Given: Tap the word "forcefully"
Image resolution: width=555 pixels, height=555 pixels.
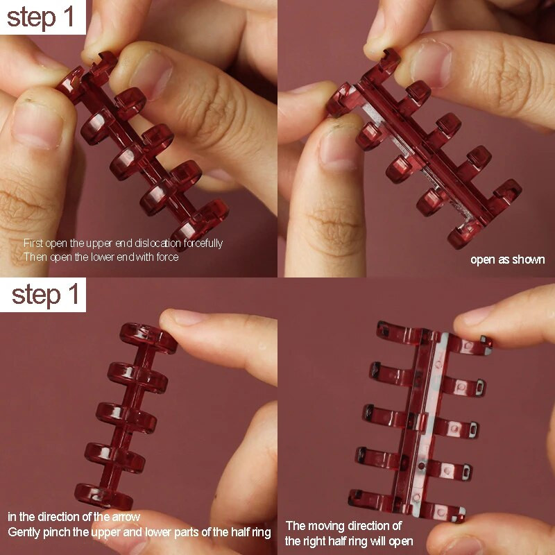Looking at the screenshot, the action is pos(203,244).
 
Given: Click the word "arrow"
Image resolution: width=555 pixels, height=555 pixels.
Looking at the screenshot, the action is pos(126,517).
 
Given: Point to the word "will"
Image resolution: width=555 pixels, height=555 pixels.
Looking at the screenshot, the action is pos(380,541).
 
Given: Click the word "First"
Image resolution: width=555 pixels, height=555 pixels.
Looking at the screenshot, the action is pos(33,244).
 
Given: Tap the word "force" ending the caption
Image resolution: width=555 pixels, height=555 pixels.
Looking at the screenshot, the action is pos(167,257).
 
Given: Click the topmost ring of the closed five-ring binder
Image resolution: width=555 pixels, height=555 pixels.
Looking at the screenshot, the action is pos(148,337).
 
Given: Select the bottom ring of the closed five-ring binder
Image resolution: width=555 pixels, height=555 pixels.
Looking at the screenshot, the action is pos(103,497).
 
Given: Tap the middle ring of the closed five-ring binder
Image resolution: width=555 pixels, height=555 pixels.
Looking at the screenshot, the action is pos(126,418).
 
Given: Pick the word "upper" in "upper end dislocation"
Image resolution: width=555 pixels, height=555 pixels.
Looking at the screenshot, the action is pos(99,244).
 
